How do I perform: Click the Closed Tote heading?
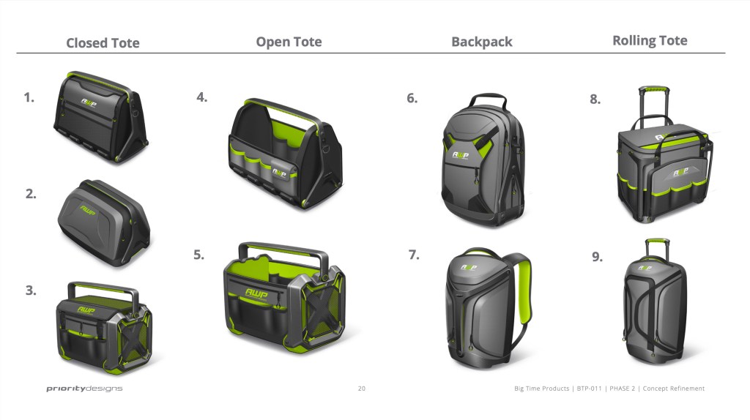click(x=103, y=43)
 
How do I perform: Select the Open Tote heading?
click(x=289, y=42)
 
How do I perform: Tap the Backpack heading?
click(x=482, y=42)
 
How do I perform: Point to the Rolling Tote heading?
click(x=650, y=41)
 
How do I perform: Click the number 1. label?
click(x=29, y=97)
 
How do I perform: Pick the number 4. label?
click(x=202, y=97)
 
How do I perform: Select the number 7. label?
click(x=414, y=255)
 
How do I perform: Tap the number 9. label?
click(x=598, y=257)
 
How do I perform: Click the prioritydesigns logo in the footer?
click(x=85, y=389)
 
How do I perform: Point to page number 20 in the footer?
click(x=362, y=389)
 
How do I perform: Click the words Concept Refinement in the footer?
click(x=674, y=389)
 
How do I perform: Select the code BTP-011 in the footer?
click(x=589, y=389)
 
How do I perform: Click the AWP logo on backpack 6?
click(x=460, y=155)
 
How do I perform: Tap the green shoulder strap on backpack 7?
click(x=524, y=291)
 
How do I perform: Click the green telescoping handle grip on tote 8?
click(x=653, y=89)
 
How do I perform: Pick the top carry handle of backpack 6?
click(x=487, y=99)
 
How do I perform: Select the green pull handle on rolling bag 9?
click(x=657, y=240)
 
